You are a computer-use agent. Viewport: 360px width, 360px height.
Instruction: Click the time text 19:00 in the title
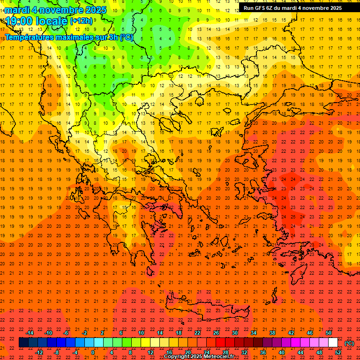[x=20, y=21]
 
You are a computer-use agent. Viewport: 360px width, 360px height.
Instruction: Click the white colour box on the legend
[x=333, y=343]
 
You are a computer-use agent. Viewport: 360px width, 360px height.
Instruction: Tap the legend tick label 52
[x=338, y=352]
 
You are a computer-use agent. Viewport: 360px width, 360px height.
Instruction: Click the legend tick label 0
[x=93, y=352]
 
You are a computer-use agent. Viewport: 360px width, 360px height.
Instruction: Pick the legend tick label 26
[x=216, y=333]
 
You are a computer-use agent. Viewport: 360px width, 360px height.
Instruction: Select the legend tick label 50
[x=329, y=333]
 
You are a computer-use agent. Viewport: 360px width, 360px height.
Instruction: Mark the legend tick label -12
[x=39, y=352]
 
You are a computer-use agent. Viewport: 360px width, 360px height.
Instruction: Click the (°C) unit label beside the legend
[x=349, y=343]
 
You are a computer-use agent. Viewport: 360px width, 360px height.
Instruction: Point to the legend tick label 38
[x=272, y=333]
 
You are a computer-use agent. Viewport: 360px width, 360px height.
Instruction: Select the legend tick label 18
[x=179, y=333]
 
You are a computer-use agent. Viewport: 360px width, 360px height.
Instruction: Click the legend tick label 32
[x=244, y=352]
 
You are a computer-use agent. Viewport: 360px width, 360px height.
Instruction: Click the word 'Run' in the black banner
[x=249, y=8]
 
